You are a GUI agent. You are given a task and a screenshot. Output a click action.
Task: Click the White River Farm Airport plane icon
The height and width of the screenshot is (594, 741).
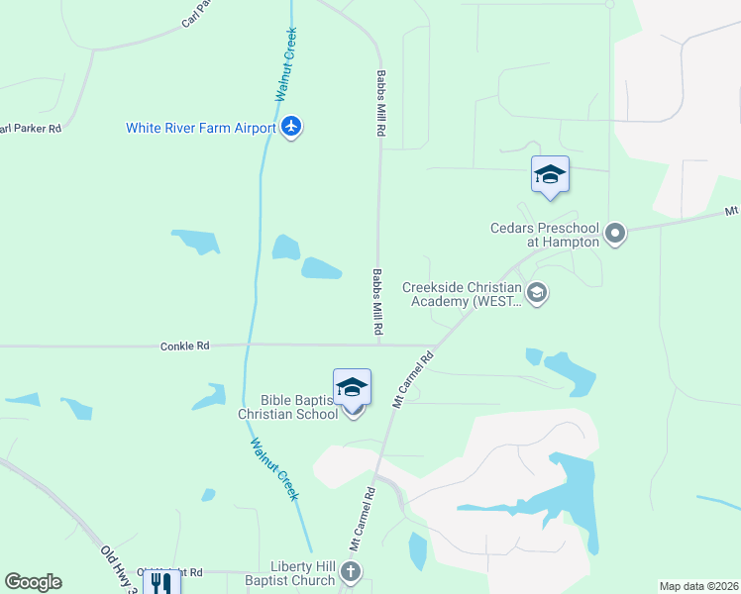coord(290,128)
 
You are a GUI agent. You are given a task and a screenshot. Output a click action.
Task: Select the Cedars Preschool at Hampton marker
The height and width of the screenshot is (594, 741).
coord(615,234)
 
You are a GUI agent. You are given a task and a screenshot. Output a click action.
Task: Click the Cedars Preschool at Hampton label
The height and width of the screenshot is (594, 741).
coord(545,234)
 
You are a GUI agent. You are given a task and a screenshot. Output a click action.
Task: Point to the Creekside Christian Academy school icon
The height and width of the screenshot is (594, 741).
coord(536,292)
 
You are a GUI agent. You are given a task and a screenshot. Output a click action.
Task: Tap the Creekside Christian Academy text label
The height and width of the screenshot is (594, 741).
coord(462,294)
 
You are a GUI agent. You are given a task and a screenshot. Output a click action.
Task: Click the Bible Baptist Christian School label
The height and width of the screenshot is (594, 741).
coord(285,407)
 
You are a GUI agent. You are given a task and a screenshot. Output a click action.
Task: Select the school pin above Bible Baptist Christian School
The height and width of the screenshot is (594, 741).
coord(352,388)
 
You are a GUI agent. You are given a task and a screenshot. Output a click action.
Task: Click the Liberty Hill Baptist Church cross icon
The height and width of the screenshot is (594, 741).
coord(353,571)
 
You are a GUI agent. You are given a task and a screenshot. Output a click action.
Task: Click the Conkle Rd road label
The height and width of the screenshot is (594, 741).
coord(185,346)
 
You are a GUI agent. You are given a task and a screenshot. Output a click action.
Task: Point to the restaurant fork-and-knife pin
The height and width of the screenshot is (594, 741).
coord(161,582)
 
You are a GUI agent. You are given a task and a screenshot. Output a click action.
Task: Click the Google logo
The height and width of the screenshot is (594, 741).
coord(33,582)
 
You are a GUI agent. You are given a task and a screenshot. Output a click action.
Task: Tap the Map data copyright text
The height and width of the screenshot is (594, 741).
coord(698,586)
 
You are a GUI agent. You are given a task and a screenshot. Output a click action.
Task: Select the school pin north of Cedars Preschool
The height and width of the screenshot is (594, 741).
coord(550,175)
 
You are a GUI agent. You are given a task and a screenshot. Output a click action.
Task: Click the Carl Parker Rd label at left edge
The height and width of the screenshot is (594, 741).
coord(30,129)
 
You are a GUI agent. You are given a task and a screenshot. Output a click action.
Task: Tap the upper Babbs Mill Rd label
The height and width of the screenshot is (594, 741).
coord(379,103)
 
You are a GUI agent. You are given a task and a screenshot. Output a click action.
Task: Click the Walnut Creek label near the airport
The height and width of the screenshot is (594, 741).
coord(286,64)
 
